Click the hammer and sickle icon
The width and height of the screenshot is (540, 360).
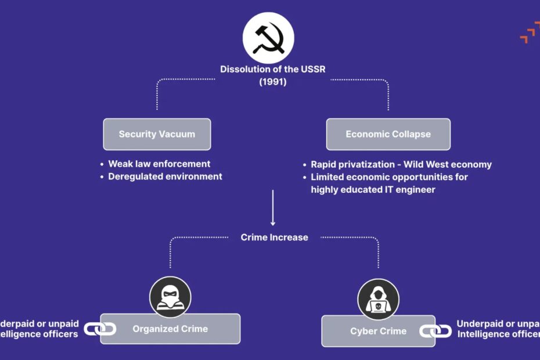pyautogui.click(x=268, y=38)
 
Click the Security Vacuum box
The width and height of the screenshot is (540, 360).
pyautogui.click(x=157, y=134)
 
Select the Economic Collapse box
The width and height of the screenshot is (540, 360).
pyautogui.click(x=388, y=134)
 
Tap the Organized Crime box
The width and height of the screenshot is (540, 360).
pyautogui.click(x=170, y=329)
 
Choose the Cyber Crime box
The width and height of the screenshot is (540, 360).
pyautogui.click(x=378, y=331)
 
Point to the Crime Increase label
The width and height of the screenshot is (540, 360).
pyautogui.click(x=274, y=237)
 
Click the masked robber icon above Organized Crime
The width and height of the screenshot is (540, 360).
pyautogui.click(x=170, y=297)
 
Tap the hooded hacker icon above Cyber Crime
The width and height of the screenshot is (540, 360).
pyautogui.click(x=378, y=299)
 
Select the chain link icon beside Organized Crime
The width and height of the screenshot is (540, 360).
pyautogui.click(x=100, y=329)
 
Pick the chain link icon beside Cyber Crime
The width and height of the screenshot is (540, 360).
pyautogui.click(x=435, y=331)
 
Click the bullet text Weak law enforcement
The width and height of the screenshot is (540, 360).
pyautogui.click(x=159, y=164)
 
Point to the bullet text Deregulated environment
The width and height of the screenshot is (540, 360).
pyautogui.click(x=165, y=176)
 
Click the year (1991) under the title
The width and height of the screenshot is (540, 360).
pyautogui.click(x=272, y=82)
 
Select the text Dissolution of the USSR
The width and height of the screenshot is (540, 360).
pyautogui.click(x=272, y=69)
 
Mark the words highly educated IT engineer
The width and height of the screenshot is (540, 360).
pyautogui.click(x=373, y=189)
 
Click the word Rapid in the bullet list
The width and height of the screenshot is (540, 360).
pyautogui.click(x=324, y=164)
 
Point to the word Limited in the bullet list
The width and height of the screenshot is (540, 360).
pyautogui.click(x=329, y=177)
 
